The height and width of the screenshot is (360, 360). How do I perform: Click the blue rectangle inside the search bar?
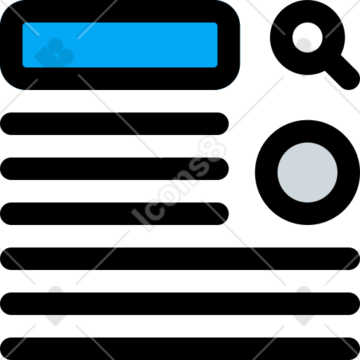(120, 45)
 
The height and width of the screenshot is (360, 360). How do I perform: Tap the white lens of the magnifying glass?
(307, 37)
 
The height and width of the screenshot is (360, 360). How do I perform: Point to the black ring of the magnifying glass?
(281, 37)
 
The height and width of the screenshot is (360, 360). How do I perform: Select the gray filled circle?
(307, 172)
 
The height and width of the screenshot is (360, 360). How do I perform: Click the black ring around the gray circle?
(266, 172)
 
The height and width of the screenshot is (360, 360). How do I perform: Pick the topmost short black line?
(115, 124)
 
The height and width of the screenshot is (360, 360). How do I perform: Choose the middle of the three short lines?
(115, 169)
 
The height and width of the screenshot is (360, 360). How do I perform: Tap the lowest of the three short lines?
(115, 214)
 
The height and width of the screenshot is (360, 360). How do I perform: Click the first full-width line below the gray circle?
(180, 259)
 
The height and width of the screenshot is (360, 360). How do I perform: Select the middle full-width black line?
(180, 304)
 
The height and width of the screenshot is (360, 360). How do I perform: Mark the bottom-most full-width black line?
(180, 349)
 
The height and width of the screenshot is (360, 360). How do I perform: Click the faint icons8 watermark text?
(179, 184)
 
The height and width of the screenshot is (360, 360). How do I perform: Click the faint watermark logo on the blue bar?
(54, 53)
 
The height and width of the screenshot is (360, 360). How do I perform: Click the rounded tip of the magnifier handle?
(351, 81)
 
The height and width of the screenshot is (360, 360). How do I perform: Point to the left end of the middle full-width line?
(6, 304)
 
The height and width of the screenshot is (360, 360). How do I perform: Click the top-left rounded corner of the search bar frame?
(9, 9)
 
